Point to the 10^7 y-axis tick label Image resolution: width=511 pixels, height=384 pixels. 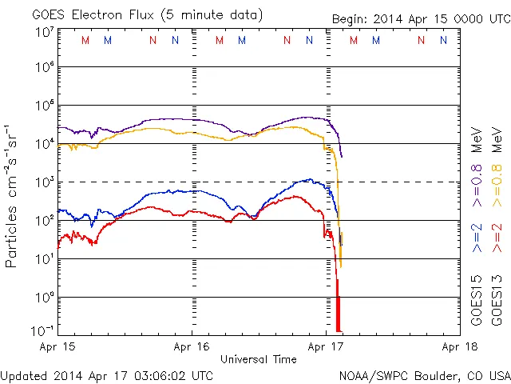tap(45, 31)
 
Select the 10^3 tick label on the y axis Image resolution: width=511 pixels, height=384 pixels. tap(45, 182)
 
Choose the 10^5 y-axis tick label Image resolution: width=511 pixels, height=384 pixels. tap(45, 106)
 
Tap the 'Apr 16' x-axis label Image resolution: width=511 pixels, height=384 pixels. tap(192, 347)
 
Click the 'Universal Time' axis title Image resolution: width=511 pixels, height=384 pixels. tap(259, 359)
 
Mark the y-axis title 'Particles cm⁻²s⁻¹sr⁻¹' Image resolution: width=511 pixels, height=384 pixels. tap(13, 195)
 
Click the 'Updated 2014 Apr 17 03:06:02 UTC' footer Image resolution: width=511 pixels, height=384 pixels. tap(107, 375)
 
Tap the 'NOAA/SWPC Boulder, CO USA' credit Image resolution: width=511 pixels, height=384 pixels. tap(424, 375)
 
